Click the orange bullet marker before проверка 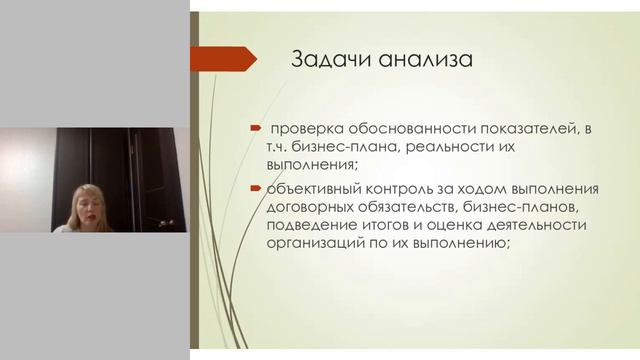click(x=256, y=128)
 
